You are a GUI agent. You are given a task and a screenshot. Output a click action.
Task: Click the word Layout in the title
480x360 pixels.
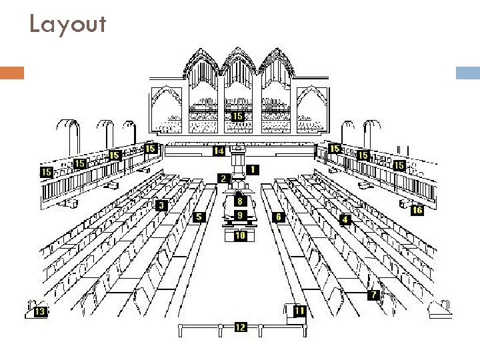[x=67, y=25]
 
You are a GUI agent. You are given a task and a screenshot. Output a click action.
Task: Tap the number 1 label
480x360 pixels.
[x=254, y=169]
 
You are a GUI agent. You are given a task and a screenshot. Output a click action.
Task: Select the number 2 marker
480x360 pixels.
[x=224, y=178]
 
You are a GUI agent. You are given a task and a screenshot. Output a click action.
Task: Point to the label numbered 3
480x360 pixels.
[x=161, y=205]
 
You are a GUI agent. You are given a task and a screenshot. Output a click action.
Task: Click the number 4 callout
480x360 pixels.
[x=345, y=219]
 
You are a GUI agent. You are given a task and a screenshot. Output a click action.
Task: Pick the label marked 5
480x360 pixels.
[x=199, y=217]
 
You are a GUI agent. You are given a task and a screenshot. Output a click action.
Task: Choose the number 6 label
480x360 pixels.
[x=279, y=217]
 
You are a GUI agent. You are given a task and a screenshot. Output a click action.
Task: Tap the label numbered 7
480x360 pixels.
[x=375, y=295]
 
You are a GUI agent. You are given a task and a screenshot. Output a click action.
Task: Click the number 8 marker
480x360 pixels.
[x=239, y=201]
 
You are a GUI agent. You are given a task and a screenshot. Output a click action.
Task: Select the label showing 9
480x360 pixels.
[x=240, y=215]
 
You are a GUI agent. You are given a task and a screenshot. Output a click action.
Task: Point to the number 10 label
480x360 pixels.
[x=240, y=235]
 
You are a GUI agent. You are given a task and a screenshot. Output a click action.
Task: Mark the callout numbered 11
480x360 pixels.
[x=300, y=311]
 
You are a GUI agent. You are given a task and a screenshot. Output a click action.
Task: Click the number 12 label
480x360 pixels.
[x=240, y=327]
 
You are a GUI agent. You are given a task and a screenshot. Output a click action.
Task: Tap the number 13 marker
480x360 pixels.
[x=40, y=311]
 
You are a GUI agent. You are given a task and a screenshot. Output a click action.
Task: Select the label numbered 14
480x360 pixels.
[x=219, y=151]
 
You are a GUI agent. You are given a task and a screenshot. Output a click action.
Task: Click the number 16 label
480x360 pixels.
[x=417, y=210]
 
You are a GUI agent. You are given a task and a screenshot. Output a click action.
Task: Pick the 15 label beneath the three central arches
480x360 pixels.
[x=238, y=116]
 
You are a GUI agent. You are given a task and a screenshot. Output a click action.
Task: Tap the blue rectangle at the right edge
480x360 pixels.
[x=467, y=73]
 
